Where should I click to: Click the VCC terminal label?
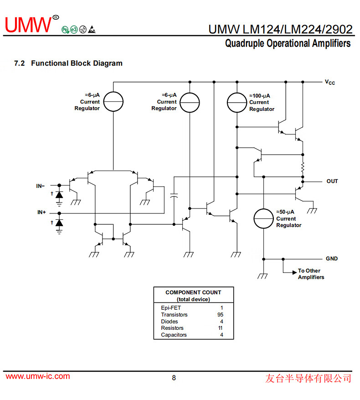330,83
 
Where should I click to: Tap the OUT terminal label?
332,181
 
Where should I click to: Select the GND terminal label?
332,259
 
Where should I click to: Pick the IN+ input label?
41,213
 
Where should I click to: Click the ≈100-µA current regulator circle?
237,102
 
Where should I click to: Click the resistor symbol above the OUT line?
302,168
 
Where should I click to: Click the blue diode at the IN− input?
59,194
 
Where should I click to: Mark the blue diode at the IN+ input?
59,222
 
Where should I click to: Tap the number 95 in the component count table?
221,315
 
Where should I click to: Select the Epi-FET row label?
171,308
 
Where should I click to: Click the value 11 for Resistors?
221,328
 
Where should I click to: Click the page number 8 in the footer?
174,378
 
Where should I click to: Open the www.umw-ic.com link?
38,377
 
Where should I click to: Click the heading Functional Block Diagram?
77,63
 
